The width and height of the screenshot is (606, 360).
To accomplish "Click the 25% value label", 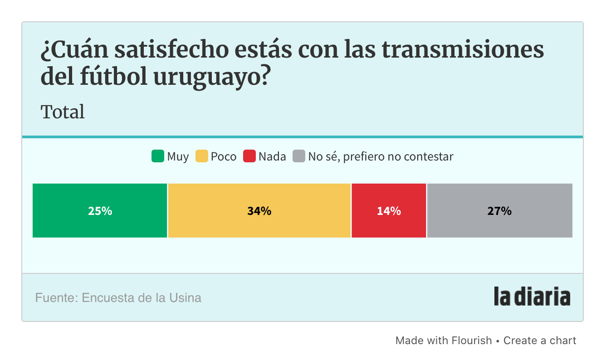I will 100,211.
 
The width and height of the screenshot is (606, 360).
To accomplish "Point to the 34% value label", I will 259,211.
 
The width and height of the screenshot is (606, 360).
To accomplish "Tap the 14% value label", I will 389,211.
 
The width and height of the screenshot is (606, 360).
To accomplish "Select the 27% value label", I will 499,211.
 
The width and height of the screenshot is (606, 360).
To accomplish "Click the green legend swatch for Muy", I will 157,156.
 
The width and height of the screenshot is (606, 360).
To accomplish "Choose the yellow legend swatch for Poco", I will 201,156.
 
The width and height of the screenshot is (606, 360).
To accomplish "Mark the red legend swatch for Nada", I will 249,156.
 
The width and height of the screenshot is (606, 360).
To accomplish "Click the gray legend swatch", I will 299,156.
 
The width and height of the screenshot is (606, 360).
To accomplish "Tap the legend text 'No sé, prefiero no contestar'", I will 381,157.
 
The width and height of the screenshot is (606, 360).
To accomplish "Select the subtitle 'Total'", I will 63,112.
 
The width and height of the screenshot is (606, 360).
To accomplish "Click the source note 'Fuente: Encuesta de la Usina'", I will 118,298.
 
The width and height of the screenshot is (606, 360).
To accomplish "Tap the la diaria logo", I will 532,297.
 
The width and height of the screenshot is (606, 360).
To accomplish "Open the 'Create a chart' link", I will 540,341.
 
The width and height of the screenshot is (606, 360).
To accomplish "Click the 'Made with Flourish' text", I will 443,341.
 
